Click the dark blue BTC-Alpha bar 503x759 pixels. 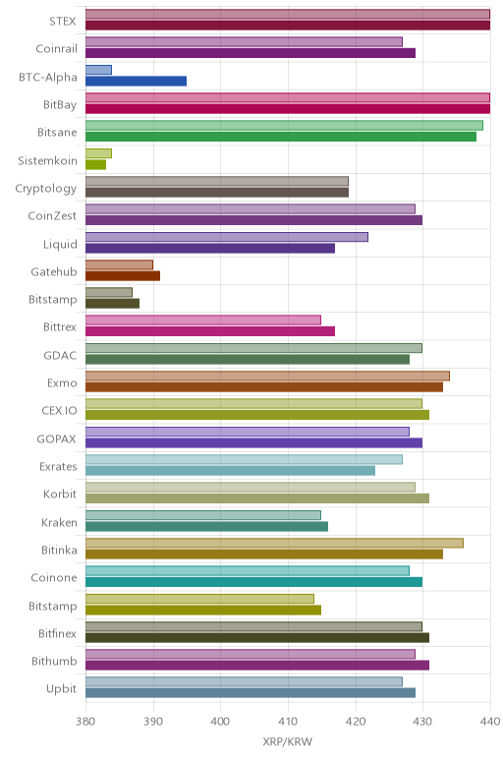(136, 81)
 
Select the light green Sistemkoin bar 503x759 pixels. (98, 153)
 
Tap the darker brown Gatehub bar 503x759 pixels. (123, 276)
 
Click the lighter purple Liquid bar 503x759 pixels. (227, 237)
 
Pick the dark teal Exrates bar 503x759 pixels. (230, 471)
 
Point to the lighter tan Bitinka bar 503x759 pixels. (274, 543)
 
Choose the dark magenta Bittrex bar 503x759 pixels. (210, 331)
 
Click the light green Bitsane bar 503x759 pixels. (284, 126)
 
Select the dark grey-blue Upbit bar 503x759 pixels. (251, 693)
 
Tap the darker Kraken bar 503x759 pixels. (207, 526)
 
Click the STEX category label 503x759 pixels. (63, 22)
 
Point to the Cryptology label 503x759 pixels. (46, 189)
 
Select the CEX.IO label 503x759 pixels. (59, 411)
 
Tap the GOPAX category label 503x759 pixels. (57, 439)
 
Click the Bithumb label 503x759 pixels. (54, 662)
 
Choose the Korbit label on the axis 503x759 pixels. (60, 495)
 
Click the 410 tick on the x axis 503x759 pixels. (288, 722)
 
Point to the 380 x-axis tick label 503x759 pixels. (85, 722)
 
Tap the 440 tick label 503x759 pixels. (490, 722)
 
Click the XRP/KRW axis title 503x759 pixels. (288, 741)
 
